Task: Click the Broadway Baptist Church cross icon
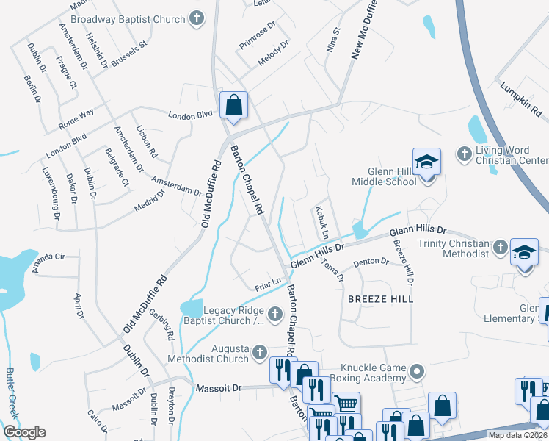(196, 16)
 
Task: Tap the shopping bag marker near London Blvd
(233, 105)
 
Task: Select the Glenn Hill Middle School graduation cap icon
(426, 161)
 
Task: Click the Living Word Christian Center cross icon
(463, 154)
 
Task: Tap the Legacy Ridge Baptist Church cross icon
(274, 315)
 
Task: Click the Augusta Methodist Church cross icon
(258, 354)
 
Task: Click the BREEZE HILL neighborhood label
(381, 299)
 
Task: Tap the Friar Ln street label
(267, 282)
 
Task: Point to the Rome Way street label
(77, 115)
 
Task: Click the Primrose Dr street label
(257, 35)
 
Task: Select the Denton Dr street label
(371, 261)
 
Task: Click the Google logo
(25, 432)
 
